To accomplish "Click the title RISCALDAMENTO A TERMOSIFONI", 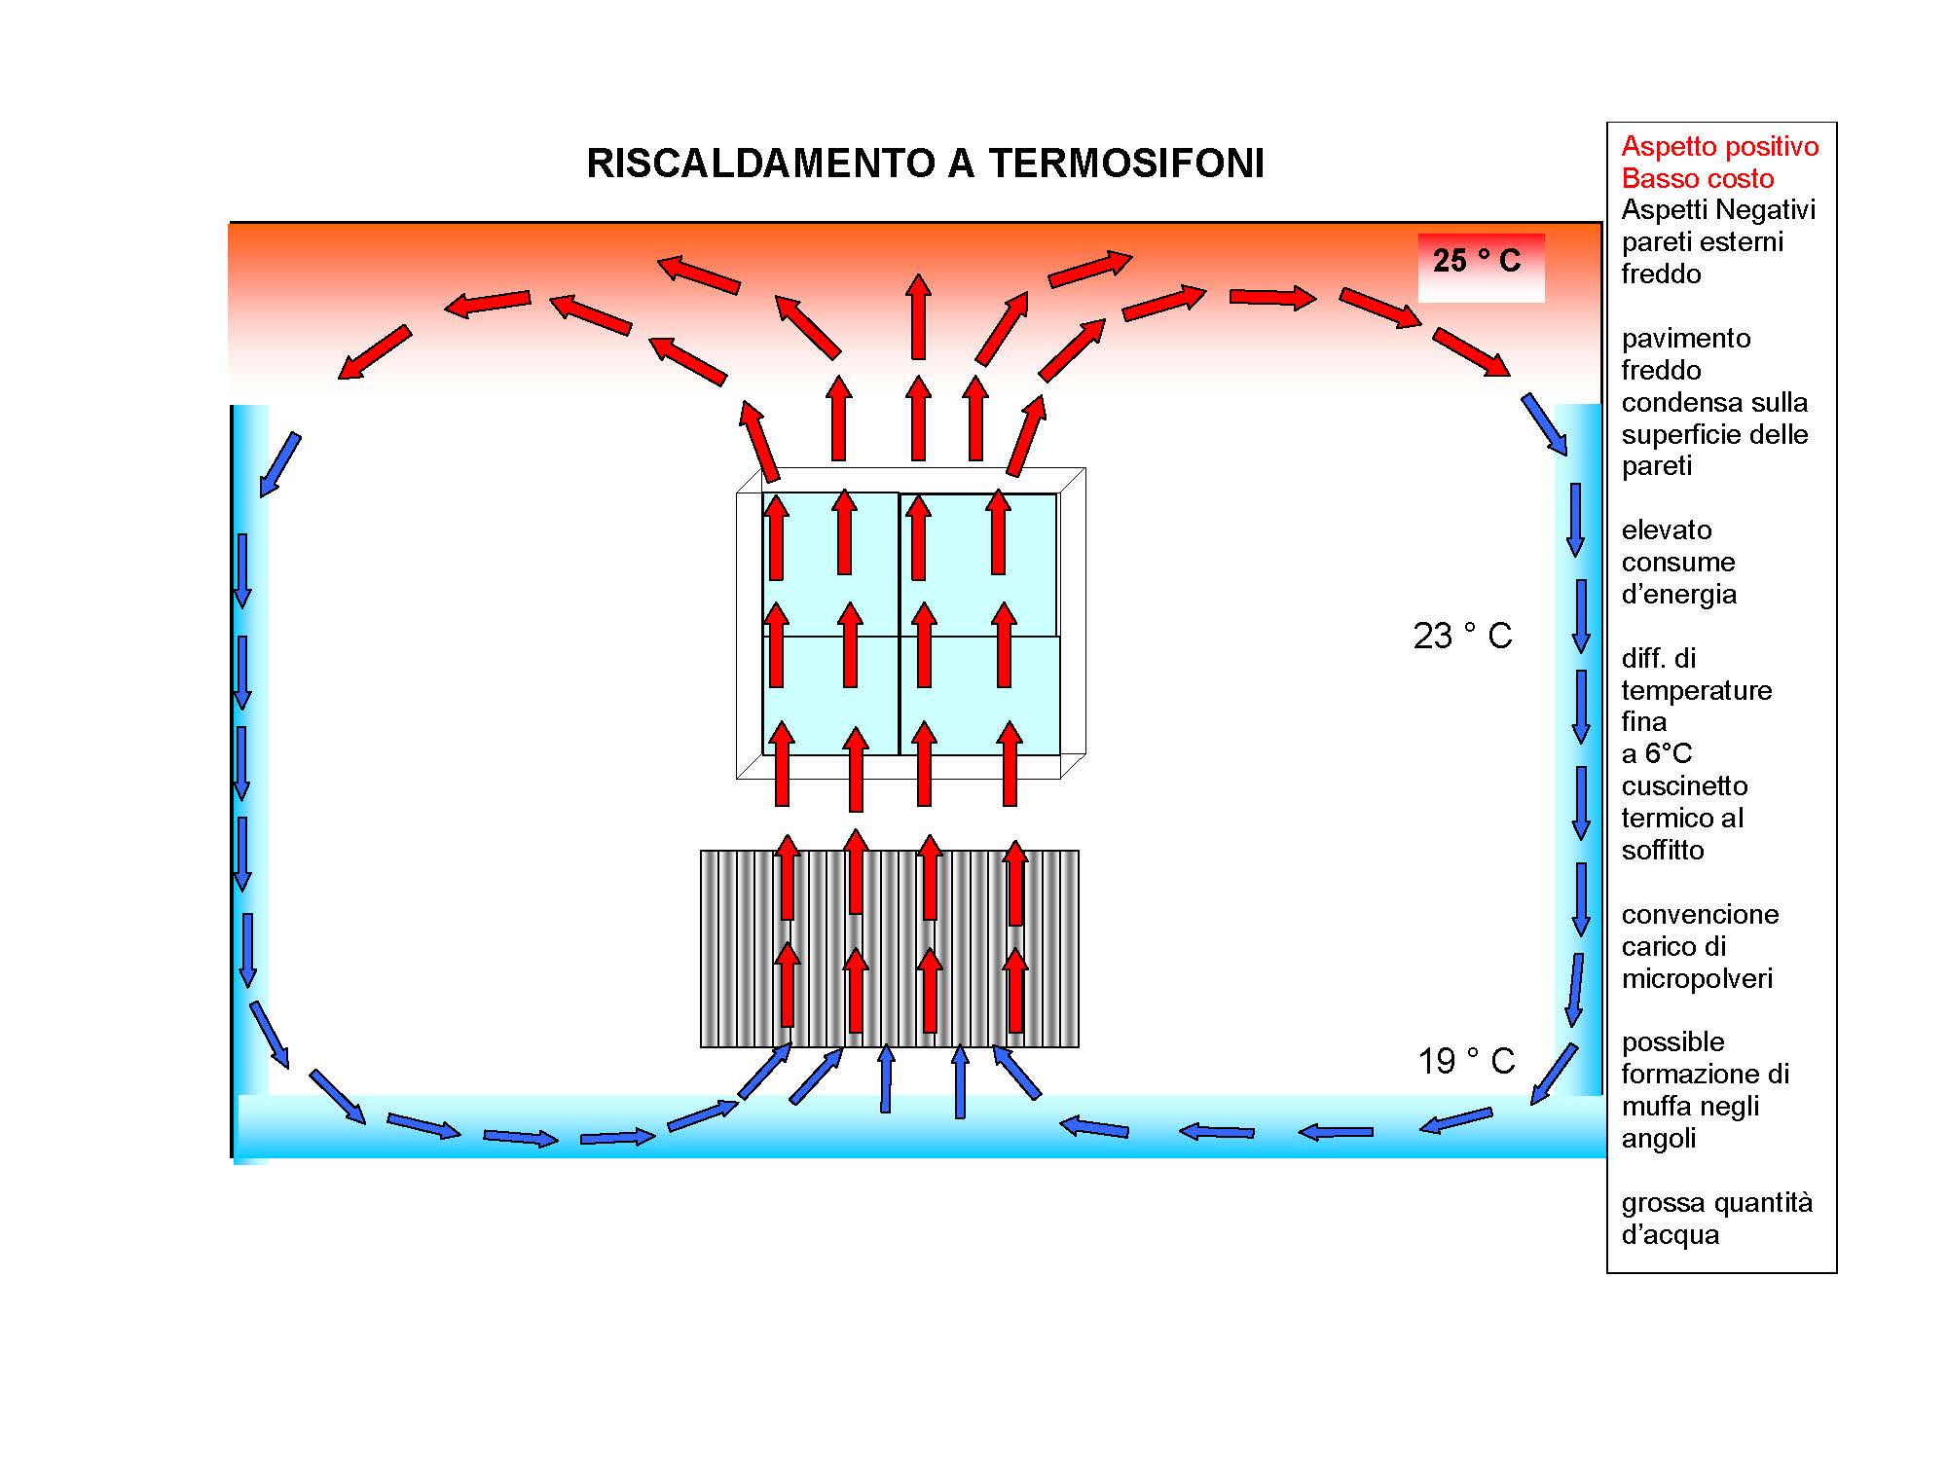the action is click(925, 164).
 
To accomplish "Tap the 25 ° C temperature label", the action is click(1476, 261).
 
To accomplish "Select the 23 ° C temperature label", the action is click(1462, 636).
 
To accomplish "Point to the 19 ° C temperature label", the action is click(1466, 1061).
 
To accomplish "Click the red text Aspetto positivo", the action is click(1720, 147).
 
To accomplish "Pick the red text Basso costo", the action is click(1698, 179).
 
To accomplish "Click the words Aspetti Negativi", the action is click(1718, 210).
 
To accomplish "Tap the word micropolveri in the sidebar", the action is click(1697, 979).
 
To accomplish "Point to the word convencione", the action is click(1700, 915).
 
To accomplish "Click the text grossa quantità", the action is click(1717, 1204).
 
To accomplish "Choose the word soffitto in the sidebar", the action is click(1663, 851).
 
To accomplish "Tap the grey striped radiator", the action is click(890, 949).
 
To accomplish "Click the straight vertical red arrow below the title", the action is click(918, 316).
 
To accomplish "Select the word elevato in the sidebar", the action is click(1667, 530).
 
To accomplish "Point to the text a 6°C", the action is click(1657, 754).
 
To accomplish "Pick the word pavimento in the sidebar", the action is click(1686, 339).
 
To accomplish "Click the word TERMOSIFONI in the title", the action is click(1126, 164).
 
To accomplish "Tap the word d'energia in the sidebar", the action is click(1678, 595).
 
